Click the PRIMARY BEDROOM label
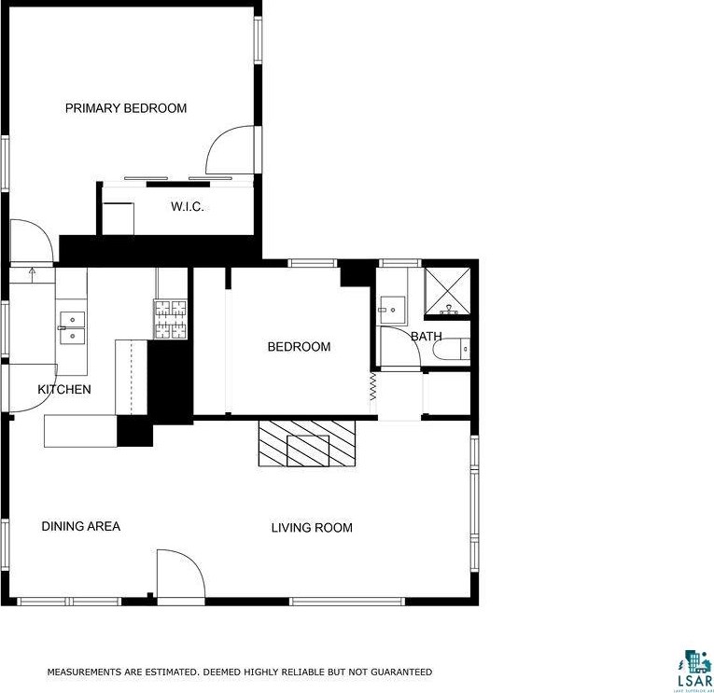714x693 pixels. pyautogui.click(x=125, y=108)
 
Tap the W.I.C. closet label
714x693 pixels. pyautogui.click(x=187, y=206)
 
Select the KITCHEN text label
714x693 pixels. pyautogui.click(x=64, y=389)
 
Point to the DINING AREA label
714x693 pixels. pyautogui.click(x=81, y=527)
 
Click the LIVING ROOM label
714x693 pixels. pyautogui.click(x=312, y=528)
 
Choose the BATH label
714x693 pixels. pyautogui.click(x=427, y=337)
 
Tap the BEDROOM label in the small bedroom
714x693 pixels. pyautogui.click(x=299, y=347)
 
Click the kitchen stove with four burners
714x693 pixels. pyautogui.click(x=171, y=319)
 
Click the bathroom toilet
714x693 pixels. pyautogui.click(x=453, y=351)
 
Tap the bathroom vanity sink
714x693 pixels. pyautogui.click(x=392, y=307)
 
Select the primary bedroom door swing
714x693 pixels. pyautogui.click(x=229, y=150)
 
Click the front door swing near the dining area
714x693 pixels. pyautogui.click(x=179, y=576)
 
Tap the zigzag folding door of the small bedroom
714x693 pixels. pyautogui.click(x=372, y=387)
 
